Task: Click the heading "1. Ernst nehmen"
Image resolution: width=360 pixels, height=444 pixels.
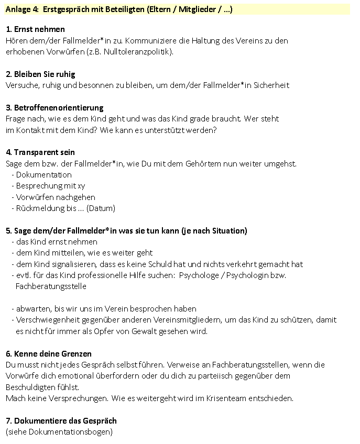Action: click(35, 29)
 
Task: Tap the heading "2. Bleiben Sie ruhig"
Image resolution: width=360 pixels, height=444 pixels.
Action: click(41, 74)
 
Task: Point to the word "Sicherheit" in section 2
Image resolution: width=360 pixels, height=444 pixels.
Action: click(270, 85)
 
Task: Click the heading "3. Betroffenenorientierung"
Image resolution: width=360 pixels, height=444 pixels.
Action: click(54, 107)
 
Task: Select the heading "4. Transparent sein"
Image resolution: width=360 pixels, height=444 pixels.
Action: click(40, 152)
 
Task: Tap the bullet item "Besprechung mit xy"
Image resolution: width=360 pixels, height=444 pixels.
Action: click(50, 186)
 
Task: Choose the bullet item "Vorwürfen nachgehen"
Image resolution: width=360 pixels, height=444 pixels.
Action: click(56, 197)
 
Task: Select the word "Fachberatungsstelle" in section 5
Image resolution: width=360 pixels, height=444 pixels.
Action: click(51, 286)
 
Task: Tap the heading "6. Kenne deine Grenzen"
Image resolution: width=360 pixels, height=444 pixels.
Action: click(48, 353)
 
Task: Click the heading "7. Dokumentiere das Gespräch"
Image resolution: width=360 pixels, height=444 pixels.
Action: click(61, 420)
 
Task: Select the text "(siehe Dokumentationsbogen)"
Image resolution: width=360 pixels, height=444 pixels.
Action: click(59, 432)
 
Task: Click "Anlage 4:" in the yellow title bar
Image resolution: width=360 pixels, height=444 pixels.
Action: click(20, 9)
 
